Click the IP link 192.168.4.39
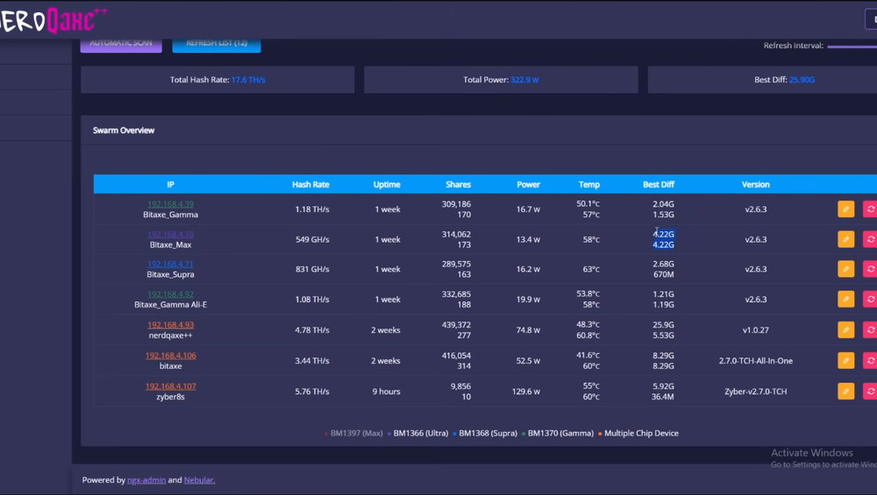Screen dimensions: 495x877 point(170,204)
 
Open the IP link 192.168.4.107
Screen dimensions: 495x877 point(170,386)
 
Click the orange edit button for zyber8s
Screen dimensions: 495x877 point(845,391)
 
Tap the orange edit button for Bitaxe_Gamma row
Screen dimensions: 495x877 point(845,209)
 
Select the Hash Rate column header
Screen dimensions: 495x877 point(310,185)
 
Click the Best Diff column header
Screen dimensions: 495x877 point(658,185)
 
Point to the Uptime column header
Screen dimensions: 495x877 point(387,185)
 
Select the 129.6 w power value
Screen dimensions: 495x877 point(526,392)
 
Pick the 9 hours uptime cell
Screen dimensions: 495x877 point(387,392)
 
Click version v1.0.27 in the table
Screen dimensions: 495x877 point(755,330)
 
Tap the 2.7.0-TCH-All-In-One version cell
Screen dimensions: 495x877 point(755,360)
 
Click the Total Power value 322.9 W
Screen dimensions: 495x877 point(524,80)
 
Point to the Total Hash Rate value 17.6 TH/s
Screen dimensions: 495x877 point(248,80)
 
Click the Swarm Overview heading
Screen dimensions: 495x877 point(124,131)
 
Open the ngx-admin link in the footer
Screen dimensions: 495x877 point(146,480)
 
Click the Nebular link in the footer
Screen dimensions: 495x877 point(199,480)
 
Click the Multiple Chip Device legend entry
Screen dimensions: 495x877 point(641,433)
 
